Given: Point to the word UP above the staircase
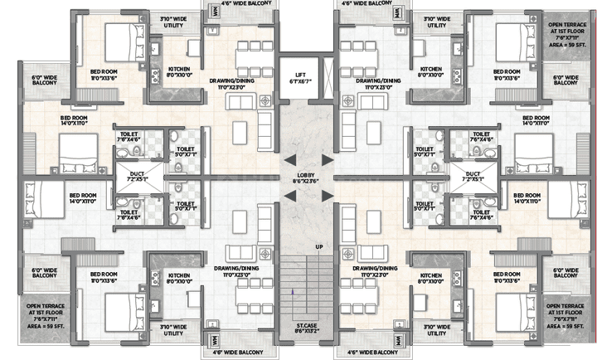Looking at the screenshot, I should click(x=318, y=247).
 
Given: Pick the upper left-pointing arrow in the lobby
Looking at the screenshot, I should click(x=289, y=158).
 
